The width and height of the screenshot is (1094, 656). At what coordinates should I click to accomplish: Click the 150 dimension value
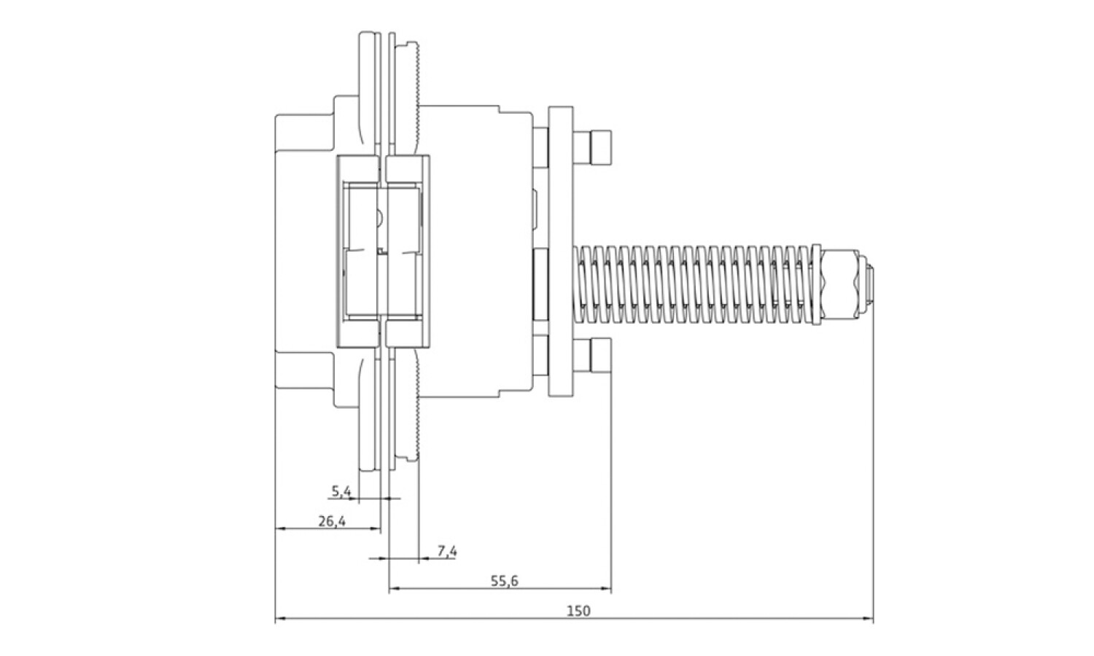[x=578, y=611]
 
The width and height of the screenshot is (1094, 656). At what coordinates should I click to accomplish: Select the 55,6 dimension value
[x=505, y=581]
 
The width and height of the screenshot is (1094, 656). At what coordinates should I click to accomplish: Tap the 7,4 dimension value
[x=447, y=552]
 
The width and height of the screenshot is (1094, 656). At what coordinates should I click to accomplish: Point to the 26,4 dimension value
[x=332, y=521]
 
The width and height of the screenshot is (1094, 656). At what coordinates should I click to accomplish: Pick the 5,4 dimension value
[x=341, y=491]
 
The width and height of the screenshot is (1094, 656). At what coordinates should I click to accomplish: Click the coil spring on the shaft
[x=694, y=285]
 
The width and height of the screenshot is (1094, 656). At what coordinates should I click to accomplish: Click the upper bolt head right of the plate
[x=592, y=148]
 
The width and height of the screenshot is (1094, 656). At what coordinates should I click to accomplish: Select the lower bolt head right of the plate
[x=592, y=356]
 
